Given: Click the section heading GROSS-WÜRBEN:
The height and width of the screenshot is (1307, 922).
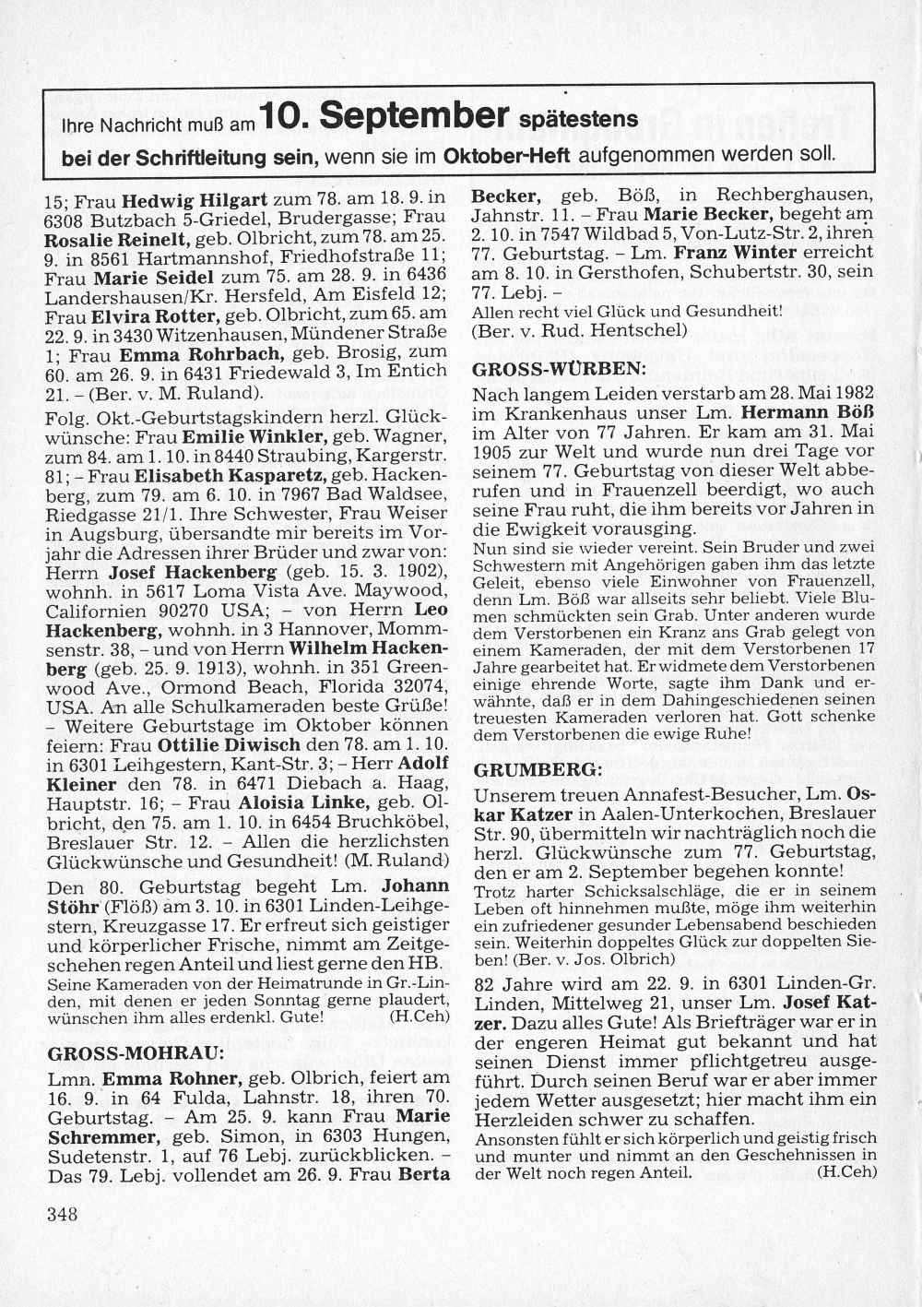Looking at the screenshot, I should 558,369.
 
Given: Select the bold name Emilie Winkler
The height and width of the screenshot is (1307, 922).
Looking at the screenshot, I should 254,435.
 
